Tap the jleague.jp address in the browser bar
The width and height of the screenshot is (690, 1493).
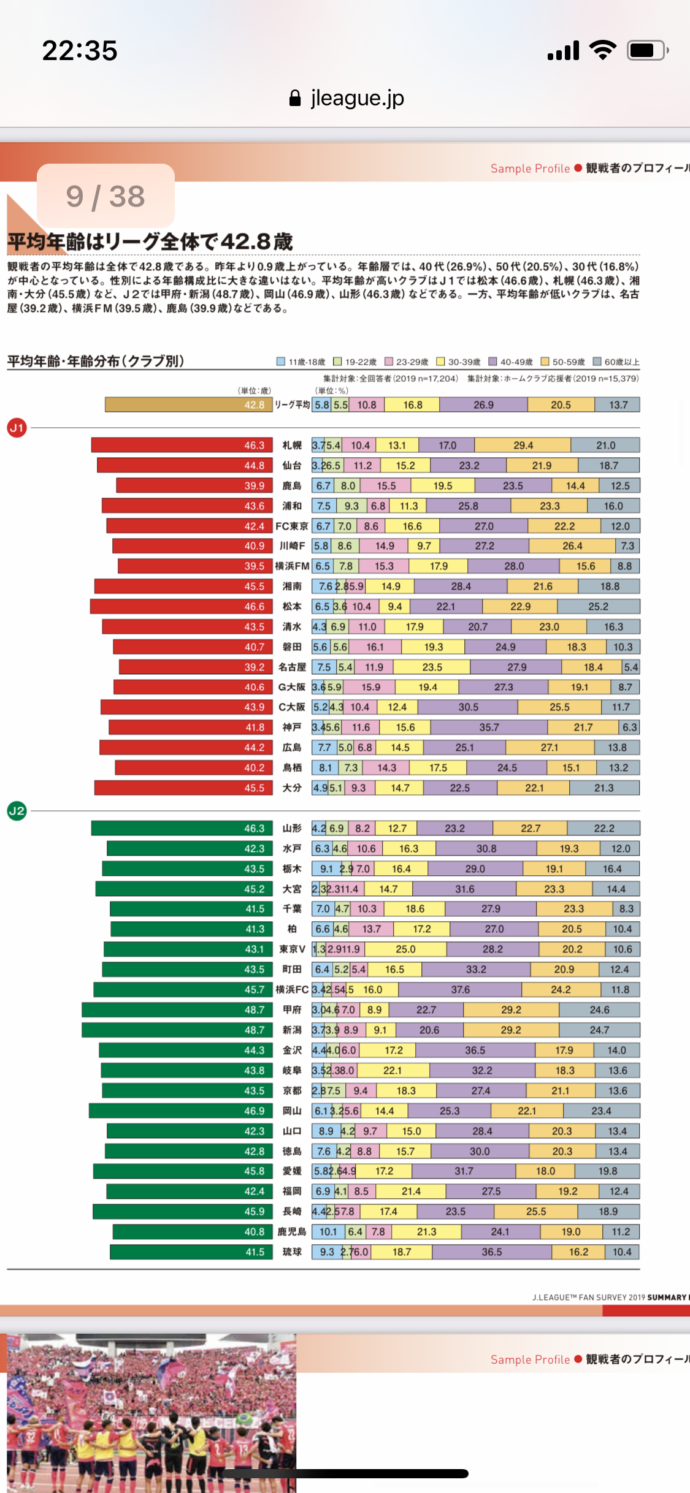(347, 98)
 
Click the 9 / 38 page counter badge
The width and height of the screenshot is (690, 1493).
(105, 196)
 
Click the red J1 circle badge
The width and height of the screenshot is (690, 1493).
(17, 428)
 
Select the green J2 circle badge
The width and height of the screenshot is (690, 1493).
(17, 811)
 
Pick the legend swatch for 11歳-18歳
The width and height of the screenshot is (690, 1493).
(281, 362)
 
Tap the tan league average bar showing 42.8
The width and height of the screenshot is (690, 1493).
(188, 405)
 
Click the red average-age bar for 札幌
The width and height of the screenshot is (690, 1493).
(182, 445)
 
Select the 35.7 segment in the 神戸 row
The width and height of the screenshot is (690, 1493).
(489, 728)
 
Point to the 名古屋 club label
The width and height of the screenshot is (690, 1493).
(292, 667)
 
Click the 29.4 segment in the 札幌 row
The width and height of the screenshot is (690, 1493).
(523, 445)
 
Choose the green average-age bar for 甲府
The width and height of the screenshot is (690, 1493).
(177, 1009)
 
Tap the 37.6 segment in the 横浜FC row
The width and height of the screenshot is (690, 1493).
(460, 989)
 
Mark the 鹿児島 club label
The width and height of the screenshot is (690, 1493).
(291, 1231)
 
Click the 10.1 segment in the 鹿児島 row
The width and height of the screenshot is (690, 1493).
(328, 1231)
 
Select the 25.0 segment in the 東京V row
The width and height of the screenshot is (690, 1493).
(405, 949)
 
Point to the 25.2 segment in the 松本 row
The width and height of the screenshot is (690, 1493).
(598, 606)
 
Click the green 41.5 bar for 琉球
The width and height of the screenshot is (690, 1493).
(191, 1252)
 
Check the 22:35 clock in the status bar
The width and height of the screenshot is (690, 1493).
(80, 50)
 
